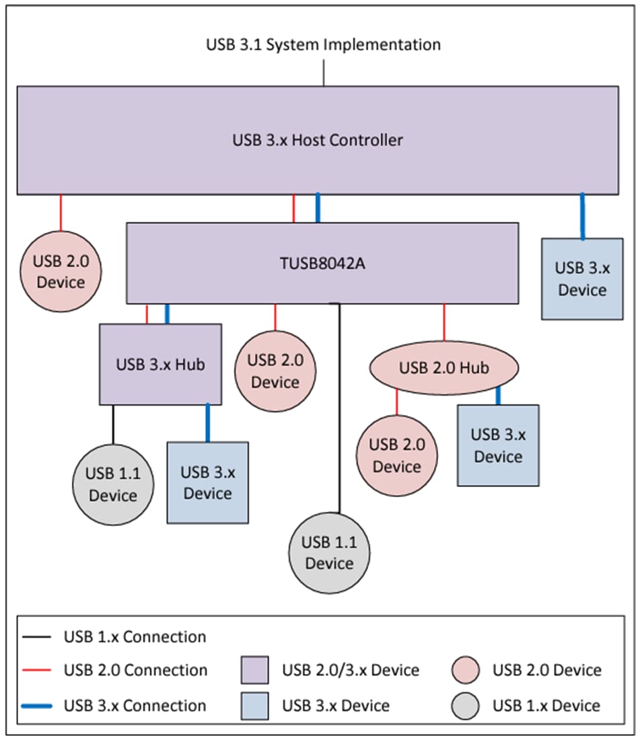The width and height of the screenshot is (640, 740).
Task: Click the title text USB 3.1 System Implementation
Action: coord(323,45)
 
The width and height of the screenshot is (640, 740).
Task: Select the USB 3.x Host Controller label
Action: coord(318,140)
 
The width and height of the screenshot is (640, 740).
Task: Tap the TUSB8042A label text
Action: coord(322,263)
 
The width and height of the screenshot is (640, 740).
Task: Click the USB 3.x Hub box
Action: coord(160,364)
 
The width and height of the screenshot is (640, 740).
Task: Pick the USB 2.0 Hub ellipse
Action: coord(443,368)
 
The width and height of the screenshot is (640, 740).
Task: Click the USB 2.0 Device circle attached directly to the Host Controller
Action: coord(61,272)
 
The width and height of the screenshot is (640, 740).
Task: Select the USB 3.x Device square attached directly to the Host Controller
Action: coord(582,279)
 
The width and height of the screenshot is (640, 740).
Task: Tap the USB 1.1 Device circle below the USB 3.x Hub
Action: coord(112,484)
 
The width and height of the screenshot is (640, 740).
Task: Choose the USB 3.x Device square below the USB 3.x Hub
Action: coord(207,482)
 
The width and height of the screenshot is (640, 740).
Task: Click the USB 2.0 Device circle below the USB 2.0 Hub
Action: coord(396,455)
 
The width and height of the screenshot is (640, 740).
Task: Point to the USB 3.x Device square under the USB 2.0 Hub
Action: coord(498,445)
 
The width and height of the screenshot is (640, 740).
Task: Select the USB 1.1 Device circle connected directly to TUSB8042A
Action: coord(329,552)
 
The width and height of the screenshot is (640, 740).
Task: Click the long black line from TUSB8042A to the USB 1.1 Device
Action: coord(339,410)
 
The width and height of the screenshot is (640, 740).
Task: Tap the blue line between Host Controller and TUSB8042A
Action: coord(318,209)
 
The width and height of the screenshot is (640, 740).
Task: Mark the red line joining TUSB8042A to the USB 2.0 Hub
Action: coord(443,322)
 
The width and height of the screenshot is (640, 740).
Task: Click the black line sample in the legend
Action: coord(38,636)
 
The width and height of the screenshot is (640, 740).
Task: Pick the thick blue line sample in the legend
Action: coord(38,706)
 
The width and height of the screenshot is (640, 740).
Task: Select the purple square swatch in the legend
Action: coord(254,670)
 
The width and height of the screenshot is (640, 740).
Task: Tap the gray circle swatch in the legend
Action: coord(466,706)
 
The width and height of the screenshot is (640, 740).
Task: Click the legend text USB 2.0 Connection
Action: coord(135,670)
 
